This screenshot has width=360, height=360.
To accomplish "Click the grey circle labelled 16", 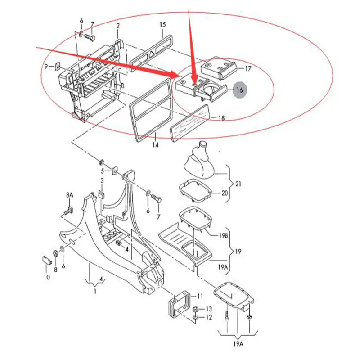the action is tap(239, 90).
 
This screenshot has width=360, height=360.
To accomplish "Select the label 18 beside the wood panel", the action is tap(221, 118).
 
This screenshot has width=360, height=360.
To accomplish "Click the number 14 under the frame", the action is tap(156, 145).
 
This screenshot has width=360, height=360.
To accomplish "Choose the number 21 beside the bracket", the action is tap(238, 184).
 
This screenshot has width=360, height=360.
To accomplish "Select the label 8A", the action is tap(69, 195).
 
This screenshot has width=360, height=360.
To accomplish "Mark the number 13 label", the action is tap(208, 309).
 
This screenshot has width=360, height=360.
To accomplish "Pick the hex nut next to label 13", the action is tap(196, 310).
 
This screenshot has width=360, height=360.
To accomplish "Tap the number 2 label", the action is tap(118, 26).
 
